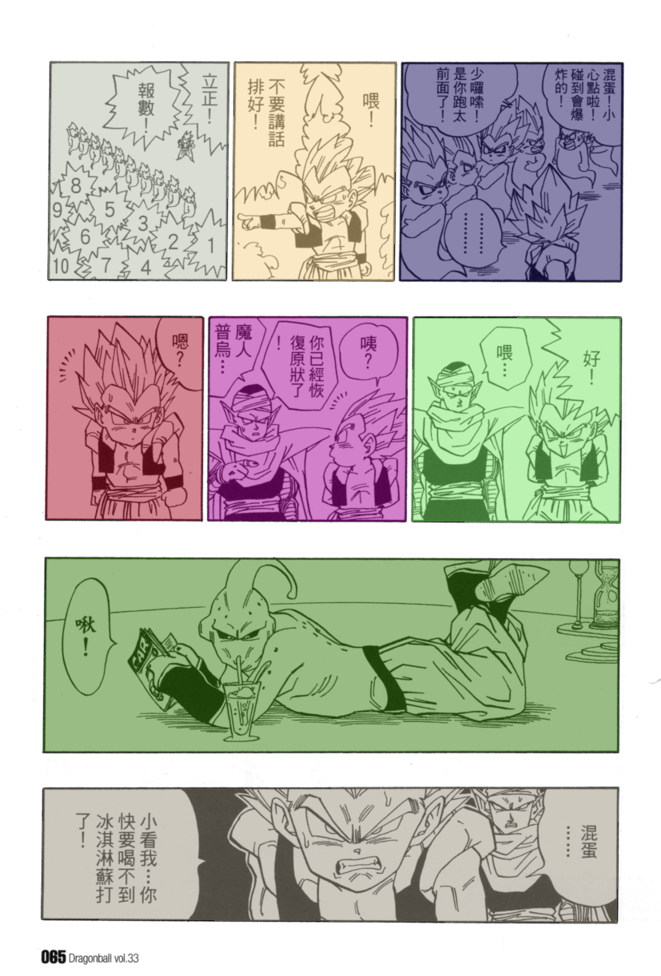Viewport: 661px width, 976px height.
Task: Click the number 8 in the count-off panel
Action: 76,186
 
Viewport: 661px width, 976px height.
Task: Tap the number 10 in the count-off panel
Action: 62,265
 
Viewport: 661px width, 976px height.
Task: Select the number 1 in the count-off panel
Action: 211,246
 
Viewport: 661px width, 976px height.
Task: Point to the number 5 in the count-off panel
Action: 110,209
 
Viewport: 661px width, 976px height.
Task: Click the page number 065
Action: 54,958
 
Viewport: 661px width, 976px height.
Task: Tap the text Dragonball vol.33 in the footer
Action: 104,958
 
